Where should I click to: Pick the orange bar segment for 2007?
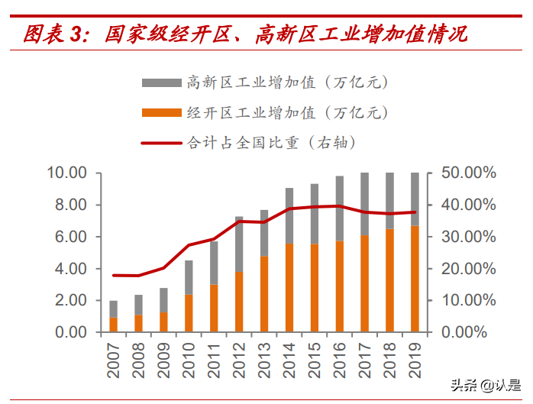[114, 325]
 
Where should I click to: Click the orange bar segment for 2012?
[239, 302]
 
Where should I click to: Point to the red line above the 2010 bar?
[189, 245]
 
